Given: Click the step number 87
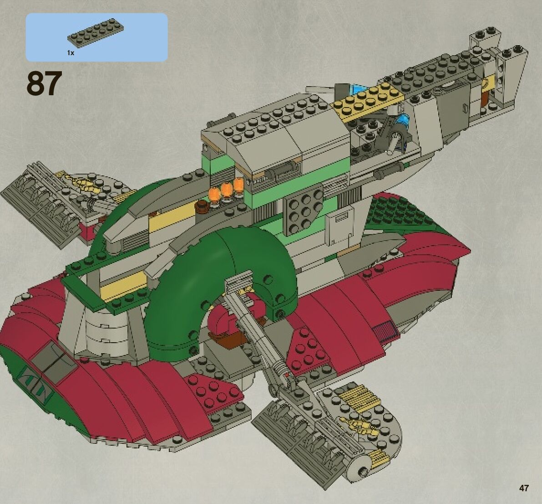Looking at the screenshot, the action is [44, 84].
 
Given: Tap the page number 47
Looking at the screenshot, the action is [524, 488].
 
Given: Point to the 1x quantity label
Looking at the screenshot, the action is [71, 53].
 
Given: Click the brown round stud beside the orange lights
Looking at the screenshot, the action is [202, 207].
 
